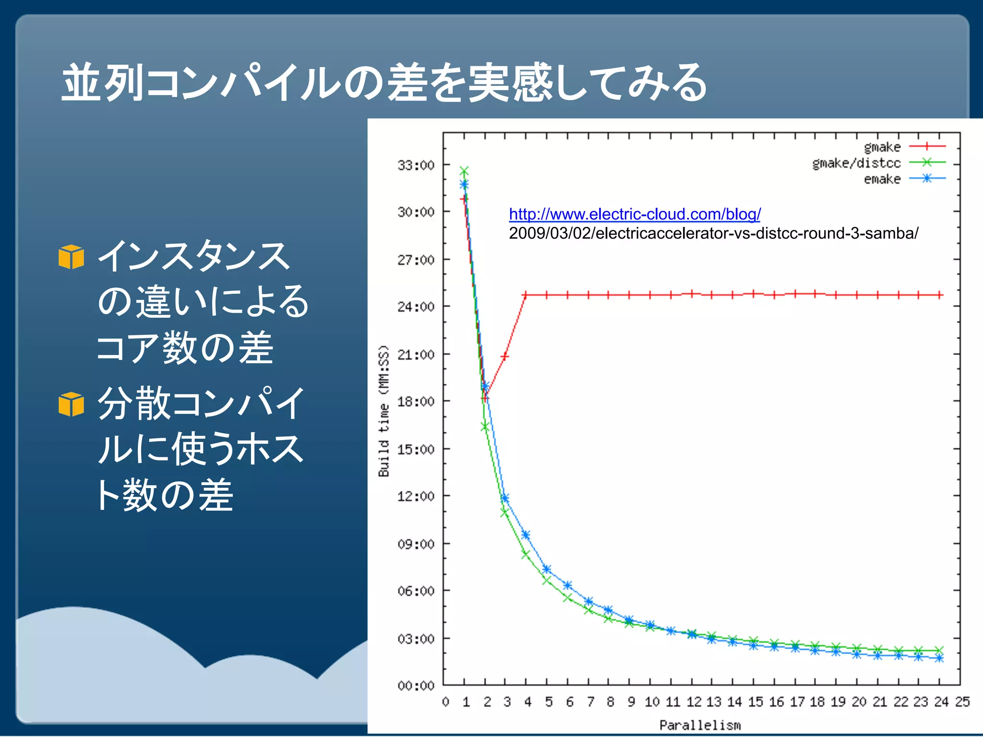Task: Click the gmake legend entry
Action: [882, 147]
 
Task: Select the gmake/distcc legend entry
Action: [856, 163]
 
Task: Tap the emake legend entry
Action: [882, 179]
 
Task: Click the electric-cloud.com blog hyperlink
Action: [635, 214]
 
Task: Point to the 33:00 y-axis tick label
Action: [416, 166]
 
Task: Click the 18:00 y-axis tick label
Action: [416, 402]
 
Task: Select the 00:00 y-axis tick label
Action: [416, 686]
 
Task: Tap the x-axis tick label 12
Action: [694, 702]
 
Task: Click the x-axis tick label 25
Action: [962, 702]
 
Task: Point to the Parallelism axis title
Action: [700, 725]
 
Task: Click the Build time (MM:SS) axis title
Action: [384, 411]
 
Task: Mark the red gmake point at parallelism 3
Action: [504, 357]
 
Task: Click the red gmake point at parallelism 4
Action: [526, 295]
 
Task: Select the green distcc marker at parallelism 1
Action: [464, 171]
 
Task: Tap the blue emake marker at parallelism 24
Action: [939, 658]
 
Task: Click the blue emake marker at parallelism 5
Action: [546, 569]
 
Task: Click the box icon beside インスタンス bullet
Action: [71, 257]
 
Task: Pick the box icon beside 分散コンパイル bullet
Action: [71, 404]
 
